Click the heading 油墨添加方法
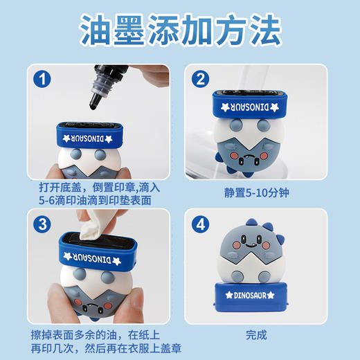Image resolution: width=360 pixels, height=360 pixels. (180, 31)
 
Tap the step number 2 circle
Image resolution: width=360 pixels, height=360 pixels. (201, 80)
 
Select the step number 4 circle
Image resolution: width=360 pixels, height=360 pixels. (201, 224)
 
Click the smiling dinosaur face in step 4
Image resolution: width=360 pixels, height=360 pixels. (253, 246)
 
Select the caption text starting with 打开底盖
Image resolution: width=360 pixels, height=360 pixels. (96, 194)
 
